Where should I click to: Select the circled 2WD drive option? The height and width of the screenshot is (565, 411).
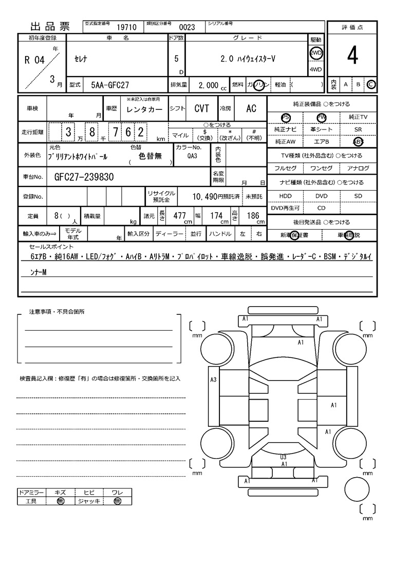point(315,53)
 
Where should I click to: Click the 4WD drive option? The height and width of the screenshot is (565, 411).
point(315,69)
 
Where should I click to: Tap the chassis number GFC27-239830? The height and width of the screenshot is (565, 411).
point(84,177)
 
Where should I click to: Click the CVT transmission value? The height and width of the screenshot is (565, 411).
point(202,108)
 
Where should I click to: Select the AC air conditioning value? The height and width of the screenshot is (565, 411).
point(251,108)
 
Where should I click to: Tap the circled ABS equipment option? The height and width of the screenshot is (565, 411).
point(358,142)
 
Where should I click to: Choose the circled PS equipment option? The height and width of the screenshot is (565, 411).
point(286,118)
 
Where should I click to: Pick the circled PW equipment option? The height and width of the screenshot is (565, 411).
point(322,118)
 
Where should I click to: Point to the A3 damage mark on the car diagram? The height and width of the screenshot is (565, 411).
point(213,380)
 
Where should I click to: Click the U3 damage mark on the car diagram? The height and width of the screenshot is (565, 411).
point(283,456)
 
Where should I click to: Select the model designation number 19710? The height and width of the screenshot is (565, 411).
point(126,28)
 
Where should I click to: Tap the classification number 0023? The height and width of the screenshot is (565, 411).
point(186,28)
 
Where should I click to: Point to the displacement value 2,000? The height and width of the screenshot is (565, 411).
point(208,86)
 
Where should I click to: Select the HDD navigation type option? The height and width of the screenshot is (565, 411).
point(285,196)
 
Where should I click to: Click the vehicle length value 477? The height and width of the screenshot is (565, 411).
point(179,216)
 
